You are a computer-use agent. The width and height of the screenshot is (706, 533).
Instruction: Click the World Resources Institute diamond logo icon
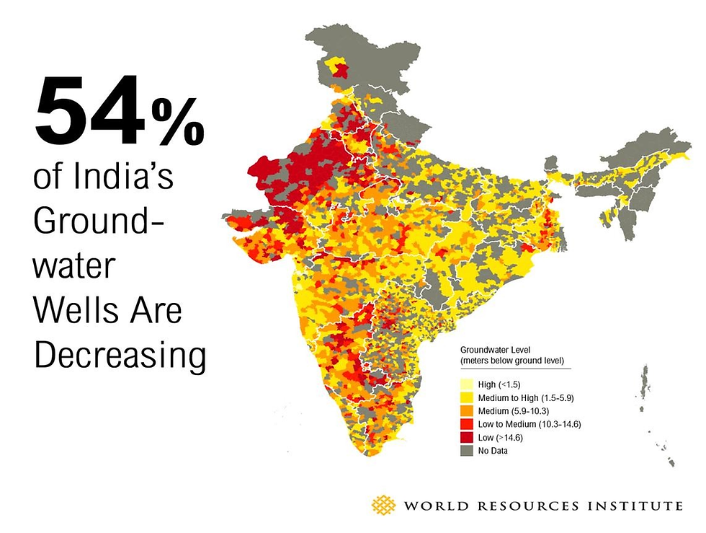(x=383, y=506)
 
